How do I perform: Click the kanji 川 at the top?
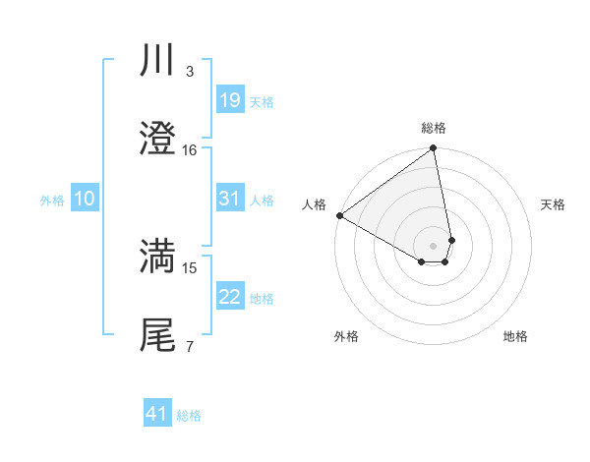click(158, 60)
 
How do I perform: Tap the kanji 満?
click(158, 257)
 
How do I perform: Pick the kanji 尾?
click(158, 334)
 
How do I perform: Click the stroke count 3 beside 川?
click(189, 72)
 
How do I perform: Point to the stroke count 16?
click(190, 150)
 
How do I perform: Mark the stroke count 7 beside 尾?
click(189, 346)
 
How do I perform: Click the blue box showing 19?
click(229, 100)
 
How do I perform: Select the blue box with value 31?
click(229, 199)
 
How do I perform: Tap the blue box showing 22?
click(229, 297)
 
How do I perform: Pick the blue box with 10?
click(85, 199)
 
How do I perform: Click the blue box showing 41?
click(157, 414)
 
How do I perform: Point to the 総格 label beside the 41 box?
click(189, 416)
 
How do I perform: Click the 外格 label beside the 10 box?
click(52, 201)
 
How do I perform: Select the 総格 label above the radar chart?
click(434, 128)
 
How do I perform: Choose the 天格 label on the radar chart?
click(554, 204)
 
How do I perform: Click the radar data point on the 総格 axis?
click(434, 149)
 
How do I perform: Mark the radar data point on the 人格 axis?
click(339, 215)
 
